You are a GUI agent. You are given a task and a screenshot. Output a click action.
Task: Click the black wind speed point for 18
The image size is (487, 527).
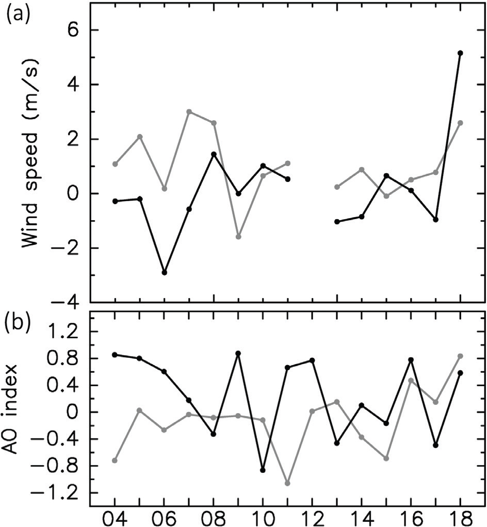(x=460, y=53)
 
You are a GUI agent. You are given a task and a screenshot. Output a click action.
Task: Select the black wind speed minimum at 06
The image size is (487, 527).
(x=164, y=272)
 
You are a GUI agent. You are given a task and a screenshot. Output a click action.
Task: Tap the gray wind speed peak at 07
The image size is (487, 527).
(x=189, y=112)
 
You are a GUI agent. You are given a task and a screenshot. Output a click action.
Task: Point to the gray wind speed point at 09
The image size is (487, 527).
(x=238, y=237)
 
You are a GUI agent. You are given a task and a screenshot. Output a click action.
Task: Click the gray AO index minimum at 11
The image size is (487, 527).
(x=287, y=483)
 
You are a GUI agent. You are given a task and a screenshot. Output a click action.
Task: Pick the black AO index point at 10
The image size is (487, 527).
(x=263, y=470)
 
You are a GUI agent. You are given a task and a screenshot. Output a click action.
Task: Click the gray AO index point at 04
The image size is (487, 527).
(x=115, y=460)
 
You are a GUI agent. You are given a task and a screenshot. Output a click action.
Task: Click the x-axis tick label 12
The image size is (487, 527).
(x=312, y=516)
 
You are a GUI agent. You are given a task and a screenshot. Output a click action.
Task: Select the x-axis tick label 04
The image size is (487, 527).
(x=115, y=516)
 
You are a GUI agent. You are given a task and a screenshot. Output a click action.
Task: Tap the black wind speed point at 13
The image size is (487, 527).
(x=337, y=222)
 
